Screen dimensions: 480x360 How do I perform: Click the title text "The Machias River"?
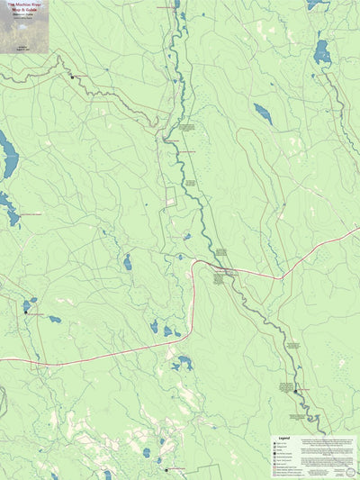coord(24,5)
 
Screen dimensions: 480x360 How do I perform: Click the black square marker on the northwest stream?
coord(72,77)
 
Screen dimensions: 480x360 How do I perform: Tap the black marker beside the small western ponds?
coord(26,312)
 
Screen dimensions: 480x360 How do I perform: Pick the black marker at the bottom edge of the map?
coord(166,469)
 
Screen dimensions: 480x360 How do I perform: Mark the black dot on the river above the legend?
coord(295,392)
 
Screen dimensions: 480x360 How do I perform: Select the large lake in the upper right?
coord(321,54)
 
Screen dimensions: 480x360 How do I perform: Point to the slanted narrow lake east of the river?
coord(263,113)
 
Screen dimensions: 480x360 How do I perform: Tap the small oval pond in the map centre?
coord(127,262)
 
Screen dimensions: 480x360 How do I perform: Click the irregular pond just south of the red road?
coord(184,363)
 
